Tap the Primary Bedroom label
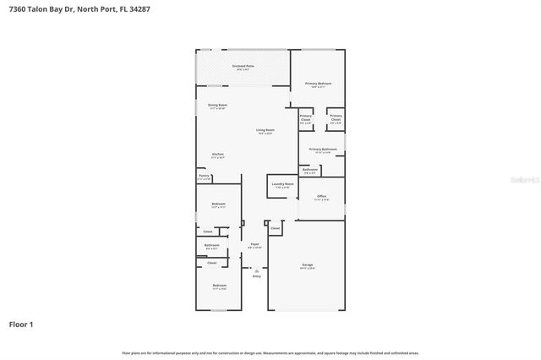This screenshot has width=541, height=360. point(318,83)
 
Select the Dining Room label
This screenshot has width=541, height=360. point(217,105)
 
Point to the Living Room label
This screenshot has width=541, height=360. point(265,130)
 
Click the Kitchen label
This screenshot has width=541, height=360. point(217,154)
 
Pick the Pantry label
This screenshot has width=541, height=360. point(204,176)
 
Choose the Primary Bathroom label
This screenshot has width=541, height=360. point(323,150)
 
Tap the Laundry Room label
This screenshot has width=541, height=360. point(282,184)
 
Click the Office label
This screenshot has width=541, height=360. point(321,197)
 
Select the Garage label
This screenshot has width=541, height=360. point(307,265)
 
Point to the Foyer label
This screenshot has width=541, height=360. point(254,244)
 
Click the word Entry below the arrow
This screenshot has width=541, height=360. point(256,276)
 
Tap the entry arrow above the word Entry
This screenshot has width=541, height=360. point(256,270)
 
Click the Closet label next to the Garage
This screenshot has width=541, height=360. point(276,227)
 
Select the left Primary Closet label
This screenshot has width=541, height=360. point(305,117)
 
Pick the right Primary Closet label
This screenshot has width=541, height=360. point(336,117)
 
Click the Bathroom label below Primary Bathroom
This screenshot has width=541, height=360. point(310,170)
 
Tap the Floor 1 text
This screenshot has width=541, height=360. point(22,324)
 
